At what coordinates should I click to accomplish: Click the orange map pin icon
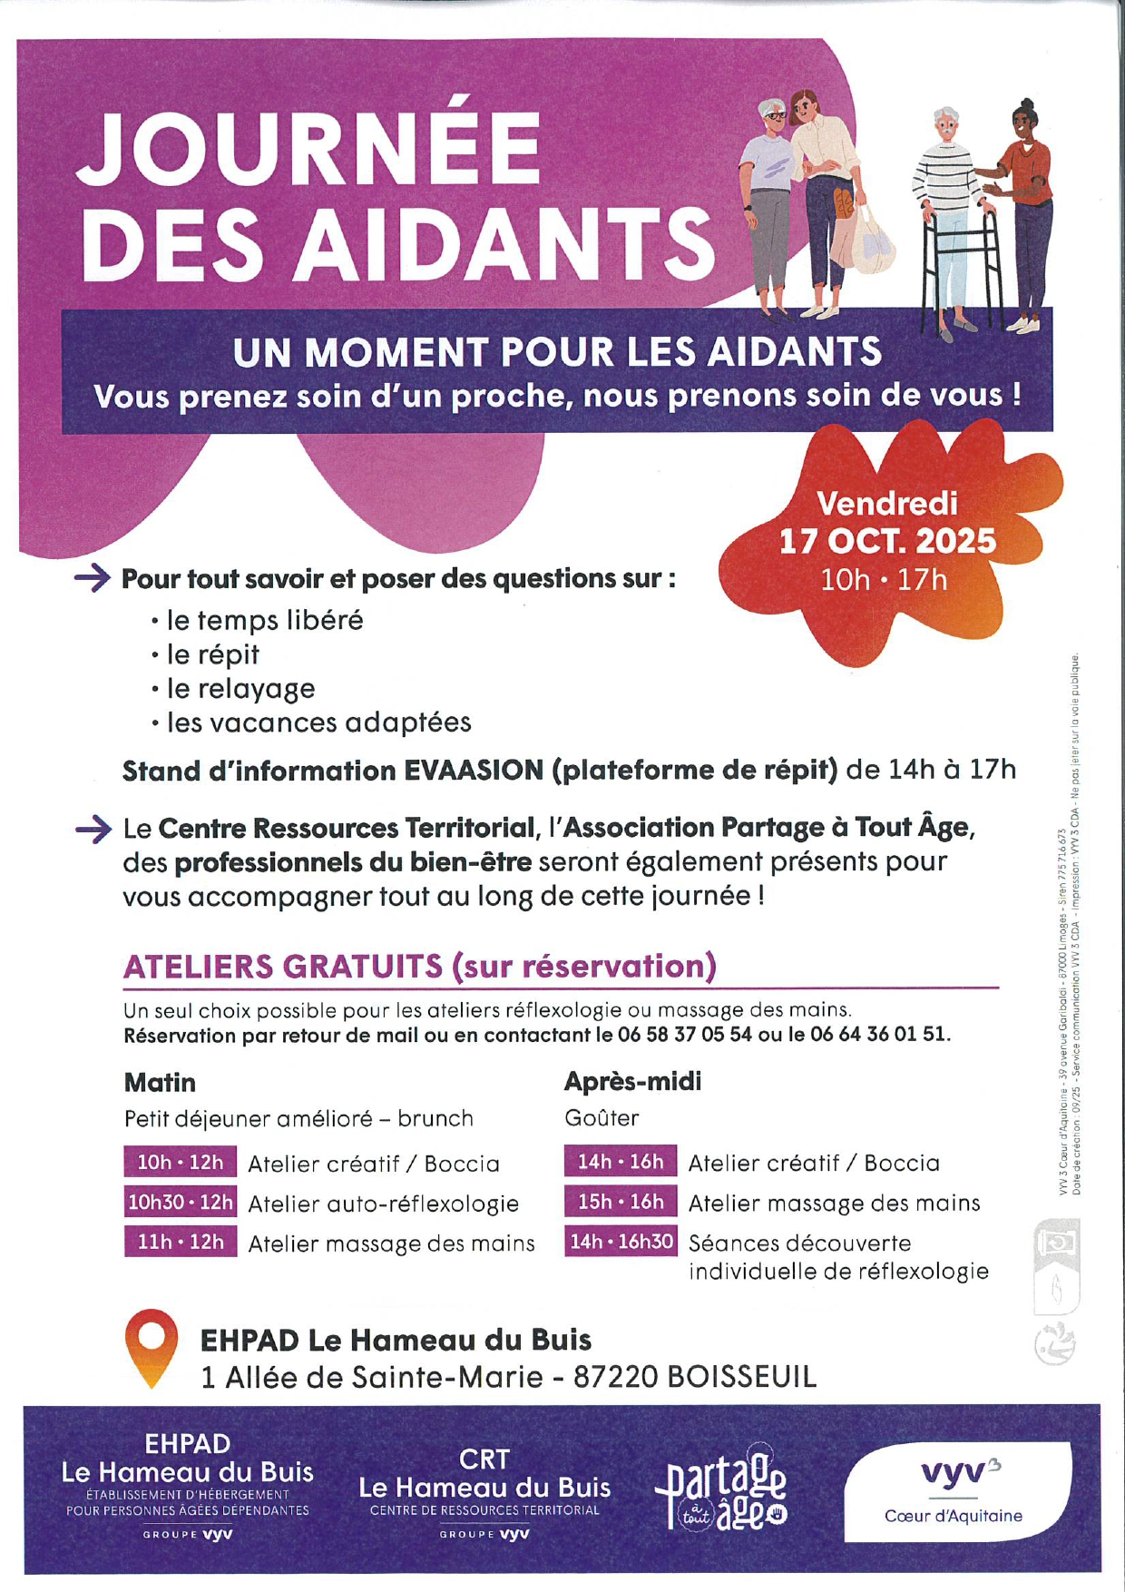click(x=152, y=1347)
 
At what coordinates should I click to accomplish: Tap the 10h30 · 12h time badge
click(x=181, y=1203)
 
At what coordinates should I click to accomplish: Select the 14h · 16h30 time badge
click(x=621, y=1241)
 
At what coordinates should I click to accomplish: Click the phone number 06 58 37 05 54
click(x=685, y=1035)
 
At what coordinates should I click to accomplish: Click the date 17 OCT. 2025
click(x=887, y=541)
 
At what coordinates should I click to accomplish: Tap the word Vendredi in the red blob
click(x=887, y=503)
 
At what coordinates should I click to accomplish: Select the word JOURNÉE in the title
click(x=308, y=148)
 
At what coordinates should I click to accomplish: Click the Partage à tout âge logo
click(x=722, y=1489)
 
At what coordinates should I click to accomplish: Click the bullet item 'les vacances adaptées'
click(x=318, y=722)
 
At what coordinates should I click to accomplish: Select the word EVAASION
click(x=474, y=771)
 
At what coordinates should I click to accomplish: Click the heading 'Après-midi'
click(x=632, y=1081)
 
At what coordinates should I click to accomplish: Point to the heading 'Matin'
click(x=160, y=1082)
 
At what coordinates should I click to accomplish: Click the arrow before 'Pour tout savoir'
click(x=93, y=578)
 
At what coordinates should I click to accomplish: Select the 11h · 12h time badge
click(x=181, y=1242)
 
